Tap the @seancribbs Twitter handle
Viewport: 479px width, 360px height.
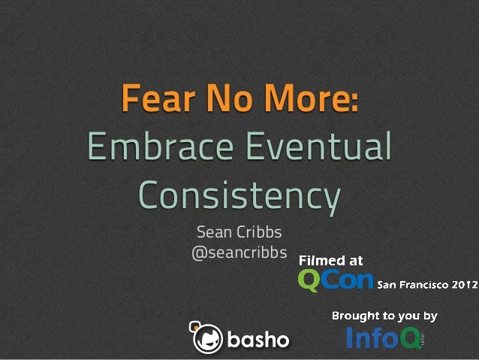pyautogui.click(x=239, y=254)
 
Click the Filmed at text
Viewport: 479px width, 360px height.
pyautogui.click(x=331, y=261)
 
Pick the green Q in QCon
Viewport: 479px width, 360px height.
pyautogui.click(x=310, y=281)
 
